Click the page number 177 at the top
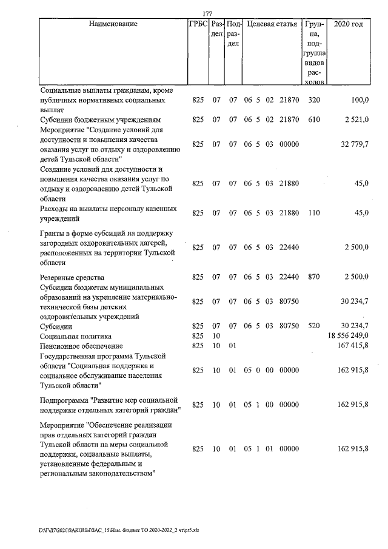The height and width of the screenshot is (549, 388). tap(208, 14)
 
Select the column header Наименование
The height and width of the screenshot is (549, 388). tap(113, 25)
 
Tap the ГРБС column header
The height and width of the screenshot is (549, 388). tap(198, 25)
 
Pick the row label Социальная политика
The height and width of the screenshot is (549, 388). tap(76, 335)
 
